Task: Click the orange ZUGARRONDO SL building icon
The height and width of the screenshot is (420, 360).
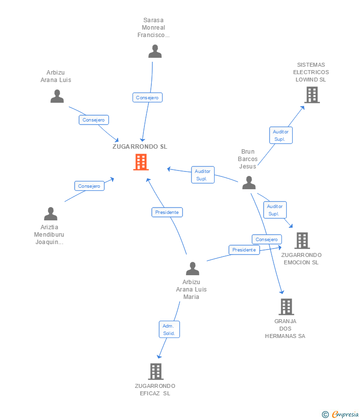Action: [x=141, y=162]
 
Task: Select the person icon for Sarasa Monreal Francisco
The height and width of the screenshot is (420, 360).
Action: [x=155, y=51]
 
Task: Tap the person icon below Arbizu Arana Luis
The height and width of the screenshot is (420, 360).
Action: [x=57, y=96]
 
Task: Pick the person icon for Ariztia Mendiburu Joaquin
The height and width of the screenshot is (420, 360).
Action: [x=50, y=214]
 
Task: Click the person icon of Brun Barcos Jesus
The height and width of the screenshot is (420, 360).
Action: [x=249, y=183]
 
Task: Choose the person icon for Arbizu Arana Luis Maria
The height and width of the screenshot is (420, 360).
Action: [x=192, y=269]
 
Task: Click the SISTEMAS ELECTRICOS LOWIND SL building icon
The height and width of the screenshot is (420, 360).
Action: [x=312, y=94]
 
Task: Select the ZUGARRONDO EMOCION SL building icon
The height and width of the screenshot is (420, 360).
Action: [x=302, y=241]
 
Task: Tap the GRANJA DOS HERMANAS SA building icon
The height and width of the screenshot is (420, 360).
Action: [x=286, y=307]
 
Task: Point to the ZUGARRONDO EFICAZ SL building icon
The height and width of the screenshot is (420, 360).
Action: [x=155, y=371]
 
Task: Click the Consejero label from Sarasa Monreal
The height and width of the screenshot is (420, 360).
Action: [x=147, y=97]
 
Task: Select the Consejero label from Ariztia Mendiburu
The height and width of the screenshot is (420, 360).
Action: [x=89, y=186]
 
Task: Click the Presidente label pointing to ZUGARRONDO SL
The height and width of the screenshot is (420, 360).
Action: [x=167, y=212]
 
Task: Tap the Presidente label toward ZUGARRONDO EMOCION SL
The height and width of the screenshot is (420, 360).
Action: [x=244, y=250]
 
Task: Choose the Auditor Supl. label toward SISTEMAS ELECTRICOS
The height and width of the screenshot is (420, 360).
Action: [x=280, y=135]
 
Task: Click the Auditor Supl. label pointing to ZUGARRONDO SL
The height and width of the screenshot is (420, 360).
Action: [x=203, y=175]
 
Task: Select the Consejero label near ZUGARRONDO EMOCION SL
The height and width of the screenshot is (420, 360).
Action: [x=267, y=240]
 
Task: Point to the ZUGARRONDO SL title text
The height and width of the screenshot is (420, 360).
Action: [x=140, y=146]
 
